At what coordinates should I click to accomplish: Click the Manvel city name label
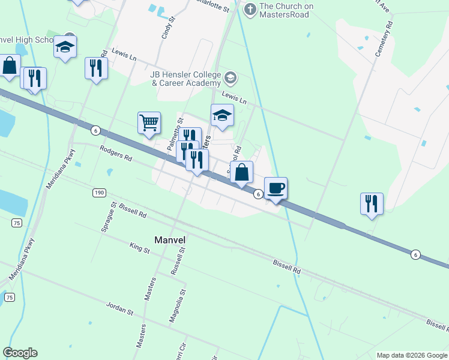(170, 239)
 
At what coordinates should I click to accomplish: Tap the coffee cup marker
(276, 188)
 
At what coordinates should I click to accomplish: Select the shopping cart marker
(149, 123)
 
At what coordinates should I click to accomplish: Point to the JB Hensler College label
(185, 79)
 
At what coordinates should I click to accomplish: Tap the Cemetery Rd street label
(383, 40)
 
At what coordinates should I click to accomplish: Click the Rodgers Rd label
(115, 155)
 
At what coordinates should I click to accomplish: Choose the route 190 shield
(99, 193)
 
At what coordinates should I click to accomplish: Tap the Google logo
(20, 353)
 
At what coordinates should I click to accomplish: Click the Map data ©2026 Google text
(411, 355)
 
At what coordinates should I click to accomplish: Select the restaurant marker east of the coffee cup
(372, 203)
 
